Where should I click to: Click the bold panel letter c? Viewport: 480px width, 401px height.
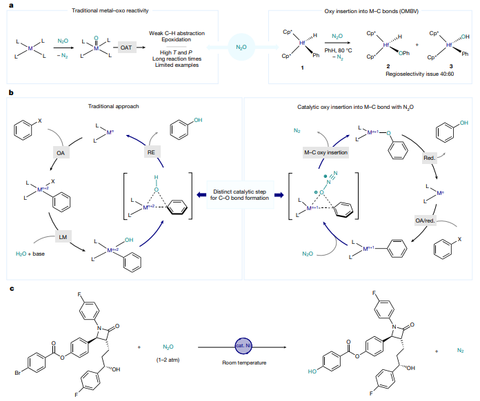(10, 288)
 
